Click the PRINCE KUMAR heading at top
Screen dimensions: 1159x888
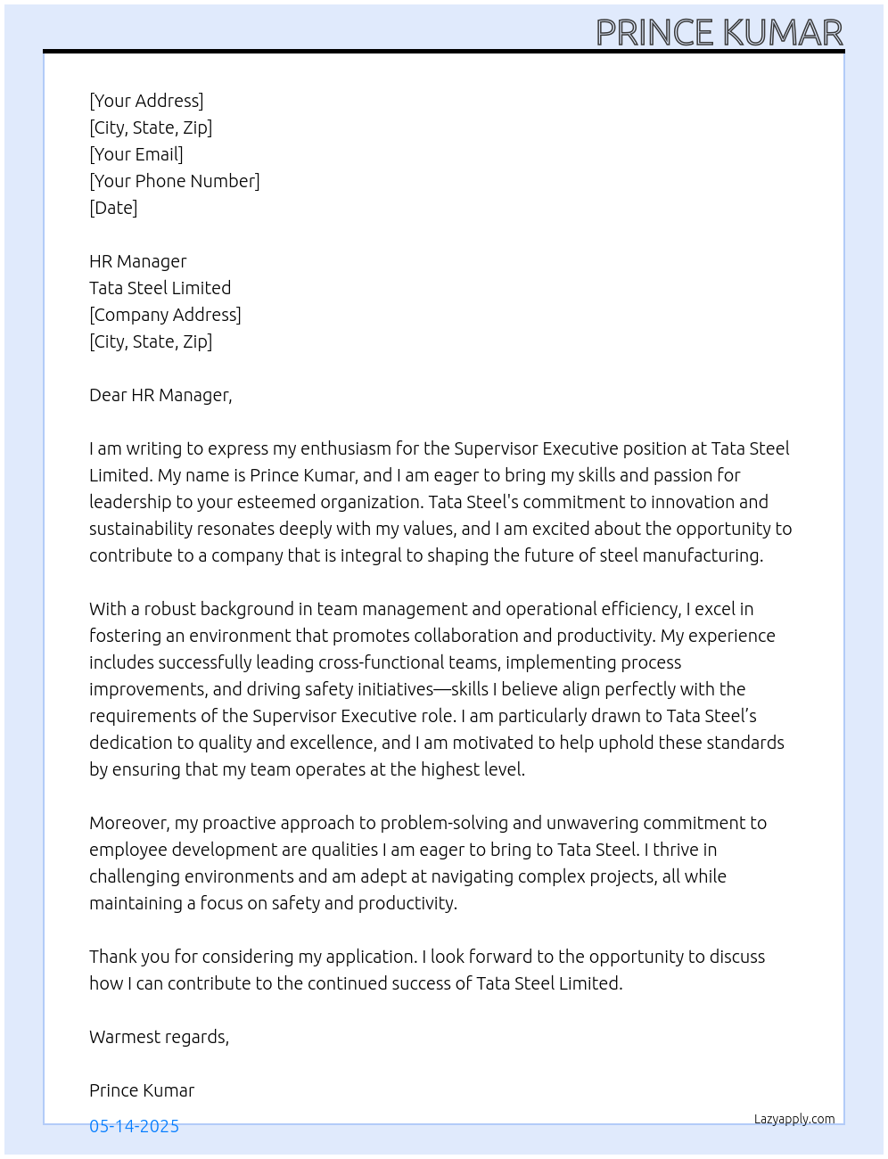pos(719,33)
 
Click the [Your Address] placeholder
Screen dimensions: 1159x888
pos(146,101)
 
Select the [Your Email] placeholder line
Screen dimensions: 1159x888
pos(136,154)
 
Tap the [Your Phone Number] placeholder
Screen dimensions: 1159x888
pos(175,181)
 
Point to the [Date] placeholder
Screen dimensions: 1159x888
pos(113,208)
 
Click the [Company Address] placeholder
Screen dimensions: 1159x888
pos(165,315)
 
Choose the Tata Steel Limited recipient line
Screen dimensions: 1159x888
pos(160,288)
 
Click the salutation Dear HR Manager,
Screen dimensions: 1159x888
pos(160,395)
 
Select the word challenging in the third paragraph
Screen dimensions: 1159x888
pos(134,876)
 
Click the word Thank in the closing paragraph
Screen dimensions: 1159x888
pos(112,957)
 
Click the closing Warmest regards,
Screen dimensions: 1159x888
pos(159,1037)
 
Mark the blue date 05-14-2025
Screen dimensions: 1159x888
pos(134,1126)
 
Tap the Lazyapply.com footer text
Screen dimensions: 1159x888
pos(794,1119)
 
